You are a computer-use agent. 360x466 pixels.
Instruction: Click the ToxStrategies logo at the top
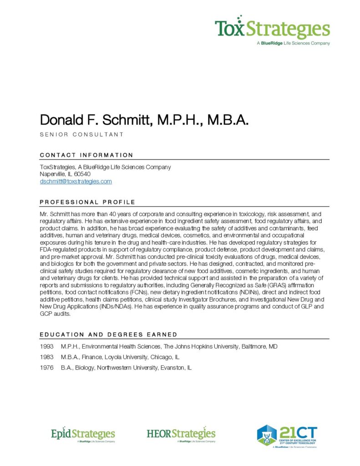point(272,29)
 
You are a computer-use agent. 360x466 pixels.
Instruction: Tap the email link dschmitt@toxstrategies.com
point(76,182)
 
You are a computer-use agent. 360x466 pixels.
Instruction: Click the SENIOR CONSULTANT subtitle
point(81,135)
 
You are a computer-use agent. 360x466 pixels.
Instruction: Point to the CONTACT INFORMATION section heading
point(86,155)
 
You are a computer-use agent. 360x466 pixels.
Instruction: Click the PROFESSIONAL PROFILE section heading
point(87,202)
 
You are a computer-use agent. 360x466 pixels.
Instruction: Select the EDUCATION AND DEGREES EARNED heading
point(108,335)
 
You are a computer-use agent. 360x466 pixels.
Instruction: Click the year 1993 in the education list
point(47,347)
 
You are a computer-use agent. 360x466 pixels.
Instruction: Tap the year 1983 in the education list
point(47,357)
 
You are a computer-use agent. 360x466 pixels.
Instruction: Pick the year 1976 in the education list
point(47,368)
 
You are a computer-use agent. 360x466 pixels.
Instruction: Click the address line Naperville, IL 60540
point(65,174)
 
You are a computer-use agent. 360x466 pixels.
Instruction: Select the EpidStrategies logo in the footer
point(83,435)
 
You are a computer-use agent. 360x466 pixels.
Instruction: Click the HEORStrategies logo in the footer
point(181,435)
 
